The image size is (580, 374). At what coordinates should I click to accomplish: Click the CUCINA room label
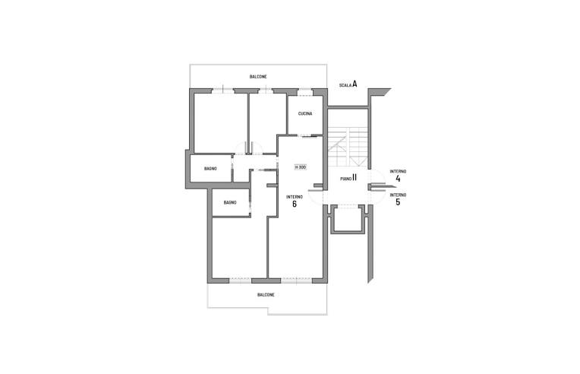[305, 114]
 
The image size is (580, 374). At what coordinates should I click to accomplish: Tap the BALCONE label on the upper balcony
[258, 77]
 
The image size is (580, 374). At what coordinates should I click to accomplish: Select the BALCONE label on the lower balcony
[266, 295]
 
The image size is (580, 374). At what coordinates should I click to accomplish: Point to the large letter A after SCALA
[355, 84]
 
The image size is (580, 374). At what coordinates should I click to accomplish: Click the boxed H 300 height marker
[301, 167]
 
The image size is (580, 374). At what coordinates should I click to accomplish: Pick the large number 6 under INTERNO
[295, 204]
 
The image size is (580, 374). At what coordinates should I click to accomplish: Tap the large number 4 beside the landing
[398, 179]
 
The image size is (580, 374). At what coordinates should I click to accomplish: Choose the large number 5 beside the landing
[398, 201]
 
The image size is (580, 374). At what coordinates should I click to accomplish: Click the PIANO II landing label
[348, 178]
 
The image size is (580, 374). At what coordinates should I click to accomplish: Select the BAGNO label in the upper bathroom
[210, 169]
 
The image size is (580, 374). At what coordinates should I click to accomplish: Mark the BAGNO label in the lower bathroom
[230, 203]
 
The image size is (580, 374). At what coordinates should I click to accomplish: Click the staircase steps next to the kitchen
[348, 146]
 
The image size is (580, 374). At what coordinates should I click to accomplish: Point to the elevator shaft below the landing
[348, 220]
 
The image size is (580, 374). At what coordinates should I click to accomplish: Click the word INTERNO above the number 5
[398, 195]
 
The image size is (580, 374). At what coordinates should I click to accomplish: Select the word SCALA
[345, 86]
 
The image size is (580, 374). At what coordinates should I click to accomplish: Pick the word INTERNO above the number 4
[398, 172]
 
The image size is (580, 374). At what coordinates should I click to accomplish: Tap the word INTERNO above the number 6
[295, 197]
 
